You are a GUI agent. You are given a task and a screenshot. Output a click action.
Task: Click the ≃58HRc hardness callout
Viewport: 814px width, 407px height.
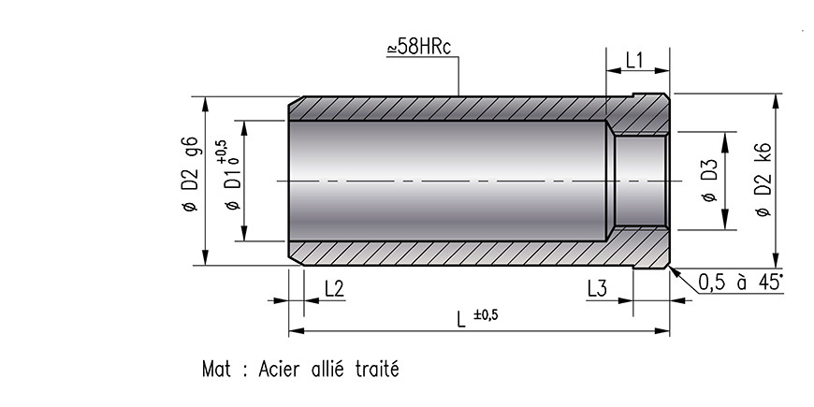point(419,46)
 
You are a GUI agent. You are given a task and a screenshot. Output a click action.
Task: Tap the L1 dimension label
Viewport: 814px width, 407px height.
point(634,60)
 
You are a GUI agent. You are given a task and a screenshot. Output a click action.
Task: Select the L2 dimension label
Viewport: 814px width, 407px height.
point(334,289)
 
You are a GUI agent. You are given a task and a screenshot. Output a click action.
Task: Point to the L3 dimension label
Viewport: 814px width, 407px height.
point(597,289)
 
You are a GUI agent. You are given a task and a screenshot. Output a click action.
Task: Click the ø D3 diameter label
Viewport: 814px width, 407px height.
point(708,181)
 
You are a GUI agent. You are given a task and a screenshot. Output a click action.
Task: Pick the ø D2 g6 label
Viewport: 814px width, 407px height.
point(190,174)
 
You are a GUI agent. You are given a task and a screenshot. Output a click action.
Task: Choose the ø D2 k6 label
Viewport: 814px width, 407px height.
point(763,179)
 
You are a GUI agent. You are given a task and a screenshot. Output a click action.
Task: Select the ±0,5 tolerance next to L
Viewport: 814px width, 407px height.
point(486,314)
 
